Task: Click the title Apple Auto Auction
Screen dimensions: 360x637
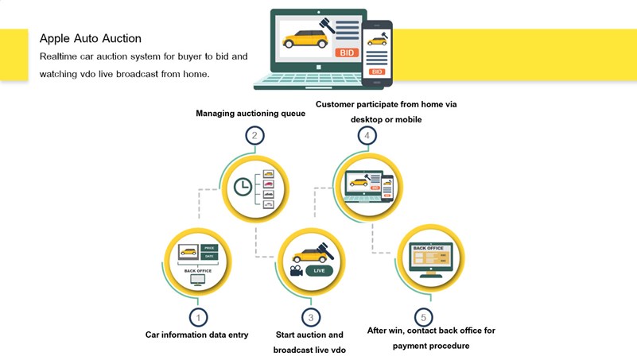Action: [x=91, y=38]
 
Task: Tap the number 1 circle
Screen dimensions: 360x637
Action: [x=198, y=317]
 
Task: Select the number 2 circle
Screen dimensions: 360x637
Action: [x=254, y=136]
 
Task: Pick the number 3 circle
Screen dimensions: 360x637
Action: [x=310, y=317]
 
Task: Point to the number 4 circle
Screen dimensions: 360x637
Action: [x=367, y=136]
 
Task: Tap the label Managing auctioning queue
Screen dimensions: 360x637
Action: [x=251, y=114]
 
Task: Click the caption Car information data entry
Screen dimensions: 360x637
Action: [x=197, y=335]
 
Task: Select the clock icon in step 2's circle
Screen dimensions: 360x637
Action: [x=243, y=187]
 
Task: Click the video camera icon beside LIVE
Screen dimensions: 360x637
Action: [x=296, y=271]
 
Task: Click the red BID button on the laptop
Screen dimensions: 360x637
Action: [x=348, y=53]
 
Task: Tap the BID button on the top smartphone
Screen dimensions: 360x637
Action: [x=377, y=72]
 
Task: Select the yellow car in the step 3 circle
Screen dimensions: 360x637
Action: [x=305, y=255]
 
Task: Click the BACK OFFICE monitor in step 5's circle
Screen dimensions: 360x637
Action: [x=429, y=259]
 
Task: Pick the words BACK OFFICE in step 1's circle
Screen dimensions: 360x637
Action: [x=198, y=271]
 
